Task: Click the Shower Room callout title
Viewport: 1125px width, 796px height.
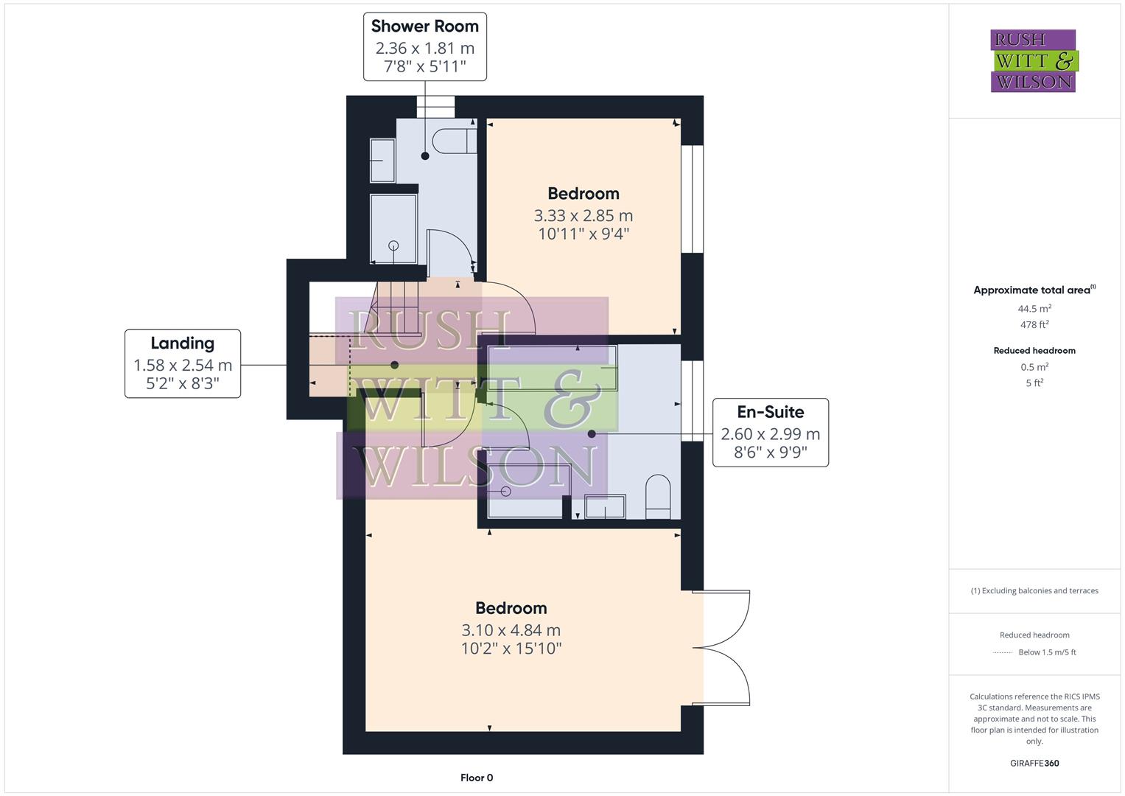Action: (x=424, y=27)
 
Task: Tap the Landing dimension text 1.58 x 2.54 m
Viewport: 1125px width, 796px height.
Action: (x=183, y=365)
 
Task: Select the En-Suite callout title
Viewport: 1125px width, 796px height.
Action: (x=770, y=412)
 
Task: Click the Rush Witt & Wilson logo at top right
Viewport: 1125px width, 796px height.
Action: (x=1033, y=60)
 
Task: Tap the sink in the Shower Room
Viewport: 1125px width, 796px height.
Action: (x=382, y=160)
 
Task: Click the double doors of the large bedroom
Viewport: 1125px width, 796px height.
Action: (x=726, y=648)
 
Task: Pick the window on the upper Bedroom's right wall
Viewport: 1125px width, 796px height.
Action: (x=692, y=199)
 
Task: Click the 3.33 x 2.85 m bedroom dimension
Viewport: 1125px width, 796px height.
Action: (x=583, y=216)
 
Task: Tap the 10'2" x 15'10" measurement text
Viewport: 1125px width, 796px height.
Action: (x=511, y=649)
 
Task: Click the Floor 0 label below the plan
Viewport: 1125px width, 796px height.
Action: (x=477, y=778)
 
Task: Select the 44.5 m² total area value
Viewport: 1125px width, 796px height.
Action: (x=1034, y=309)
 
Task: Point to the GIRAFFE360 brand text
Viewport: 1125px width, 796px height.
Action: (x=1034, y=763)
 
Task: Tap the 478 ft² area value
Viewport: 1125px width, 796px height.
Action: (x=1034, y=324)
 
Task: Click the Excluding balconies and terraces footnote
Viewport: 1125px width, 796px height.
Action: (x=1034, y=590)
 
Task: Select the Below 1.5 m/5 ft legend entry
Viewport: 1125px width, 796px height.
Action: (x=1046, y=652)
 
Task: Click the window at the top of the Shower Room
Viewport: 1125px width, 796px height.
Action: (x=436, y=108)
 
